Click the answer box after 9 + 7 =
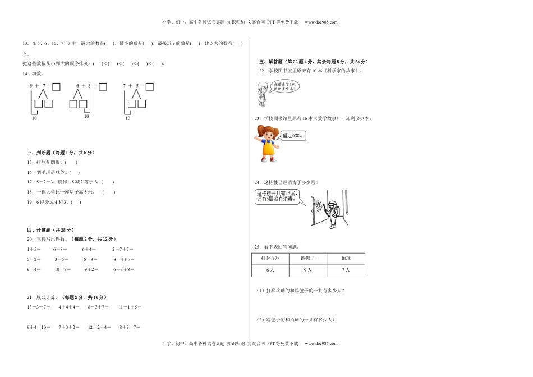pos(57,86)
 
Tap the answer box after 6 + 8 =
pos(103,86)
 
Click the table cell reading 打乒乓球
pos(270,258)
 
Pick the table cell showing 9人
pos(307,270)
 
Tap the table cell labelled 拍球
pos(346,258)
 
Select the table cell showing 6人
pos(270,270)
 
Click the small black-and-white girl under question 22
pos(261,93)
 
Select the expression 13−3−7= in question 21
pos(39,307)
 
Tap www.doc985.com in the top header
pos(321,22)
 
